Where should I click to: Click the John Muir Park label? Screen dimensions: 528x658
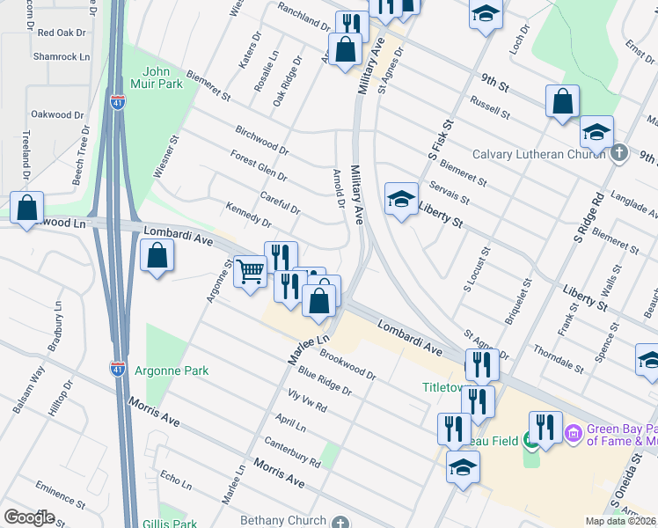tap(162, 77)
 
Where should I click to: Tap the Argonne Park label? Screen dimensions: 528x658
tap(172, 370)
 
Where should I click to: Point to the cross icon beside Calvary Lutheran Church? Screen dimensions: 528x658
tap(619, 153)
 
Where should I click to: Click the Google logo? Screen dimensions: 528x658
tap(30, 517)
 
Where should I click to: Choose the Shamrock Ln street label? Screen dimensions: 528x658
tap(61, 55)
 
